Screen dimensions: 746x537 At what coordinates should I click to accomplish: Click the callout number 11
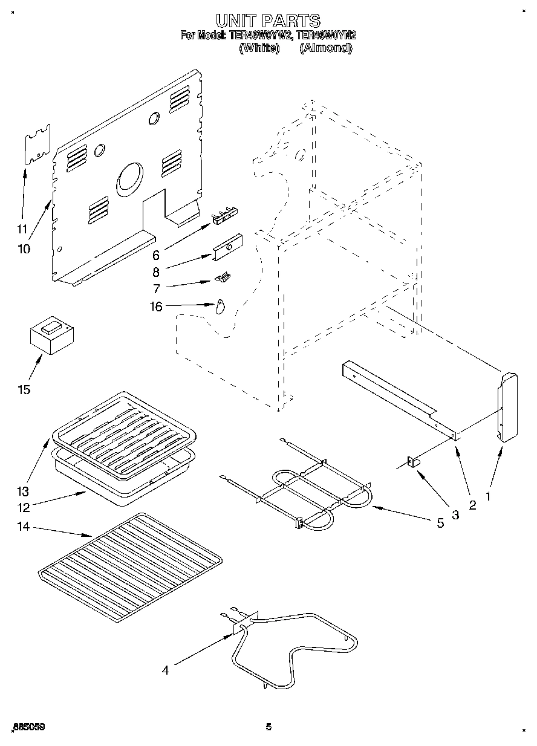pos(22,229)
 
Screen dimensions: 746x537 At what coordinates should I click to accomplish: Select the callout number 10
pos(25,248)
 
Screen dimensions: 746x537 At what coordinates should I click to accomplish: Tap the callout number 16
pos(156,307)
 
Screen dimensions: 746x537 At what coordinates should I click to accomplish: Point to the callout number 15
pos(24,389)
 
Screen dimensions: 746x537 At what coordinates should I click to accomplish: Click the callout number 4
pos(165,669)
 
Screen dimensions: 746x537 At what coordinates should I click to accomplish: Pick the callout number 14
pos(24,527)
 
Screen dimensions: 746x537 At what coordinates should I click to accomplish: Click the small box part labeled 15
pos(52,336)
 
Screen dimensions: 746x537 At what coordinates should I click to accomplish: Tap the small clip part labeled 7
pos(223,277)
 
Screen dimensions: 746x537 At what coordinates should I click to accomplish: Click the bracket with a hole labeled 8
pos(227,247)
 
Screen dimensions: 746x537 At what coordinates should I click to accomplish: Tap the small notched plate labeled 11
pos(37,144)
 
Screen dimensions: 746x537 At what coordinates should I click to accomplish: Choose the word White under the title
pos(259,48)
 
